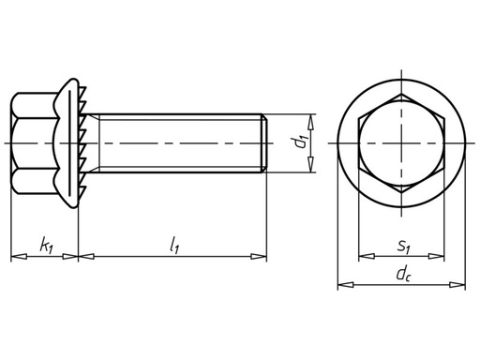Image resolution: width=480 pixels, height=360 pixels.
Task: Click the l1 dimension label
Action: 174,247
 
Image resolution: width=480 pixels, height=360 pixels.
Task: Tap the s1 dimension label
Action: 403,247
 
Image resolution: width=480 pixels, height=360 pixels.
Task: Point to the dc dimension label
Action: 402,276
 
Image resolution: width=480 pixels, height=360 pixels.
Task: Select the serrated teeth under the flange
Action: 83,142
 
